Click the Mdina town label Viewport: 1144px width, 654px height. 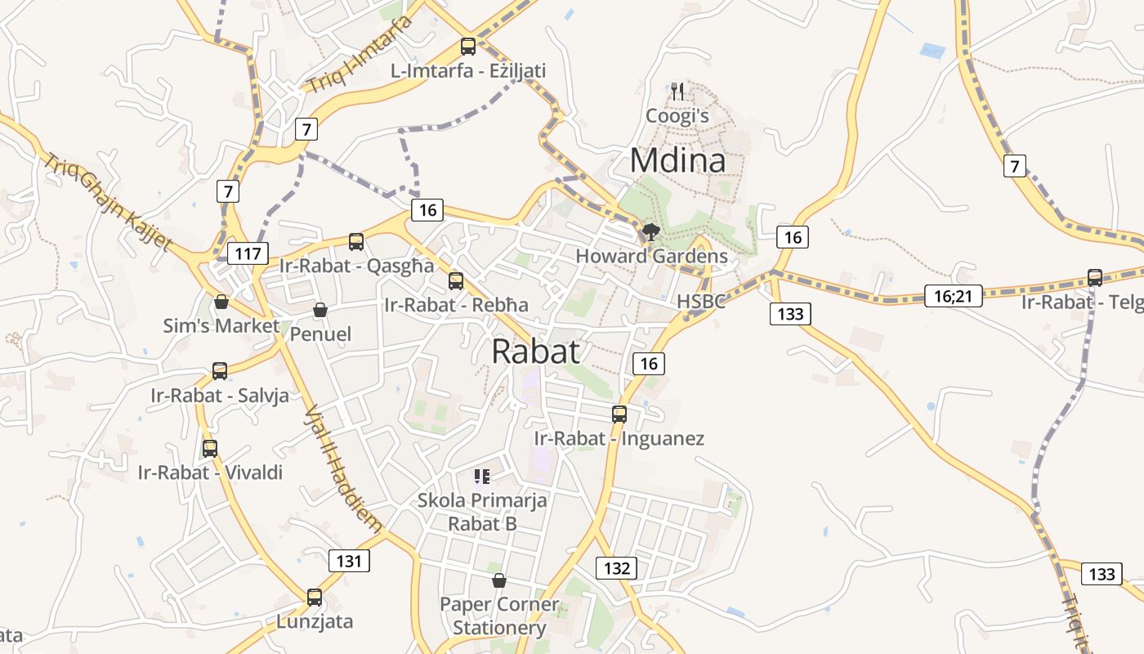677,160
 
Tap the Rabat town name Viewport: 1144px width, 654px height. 536,352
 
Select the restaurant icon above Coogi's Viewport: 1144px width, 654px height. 677,91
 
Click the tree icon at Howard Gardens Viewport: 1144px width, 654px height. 650,232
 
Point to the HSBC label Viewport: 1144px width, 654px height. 701,301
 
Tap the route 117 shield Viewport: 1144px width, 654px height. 248,253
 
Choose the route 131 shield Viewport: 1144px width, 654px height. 349,561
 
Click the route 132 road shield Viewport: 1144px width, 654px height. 616,568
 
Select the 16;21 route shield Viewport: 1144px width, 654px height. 954,295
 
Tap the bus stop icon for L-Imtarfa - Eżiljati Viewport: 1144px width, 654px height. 468,47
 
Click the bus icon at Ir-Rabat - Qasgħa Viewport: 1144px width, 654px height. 356,242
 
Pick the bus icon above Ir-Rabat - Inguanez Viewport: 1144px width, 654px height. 619,414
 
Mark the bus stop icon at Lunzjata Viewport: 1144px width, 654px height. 315,598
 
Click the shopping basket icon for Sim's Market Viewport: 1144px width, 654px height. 221,302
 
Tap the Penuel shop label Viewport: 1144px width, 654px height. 320,334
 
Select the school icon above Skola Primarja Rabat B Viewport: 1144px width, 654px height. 482,476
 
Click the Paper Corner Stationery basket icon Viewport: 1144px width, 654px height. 499,581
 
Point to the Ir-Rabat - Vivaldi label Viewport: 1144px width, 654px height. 210,473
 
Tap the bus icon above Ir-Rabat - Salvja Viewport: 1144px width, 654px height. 220,371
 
